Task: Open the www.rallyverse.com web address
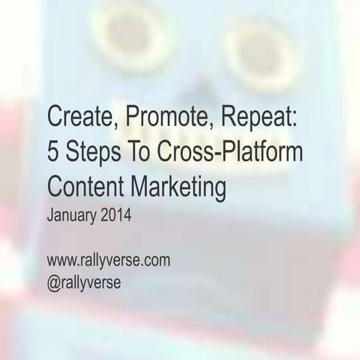coord(108,261)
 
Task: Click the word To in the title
coord(141,153)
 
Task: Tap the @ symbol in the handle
coord(53,283)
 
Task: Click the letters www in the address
coord(60,262)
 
